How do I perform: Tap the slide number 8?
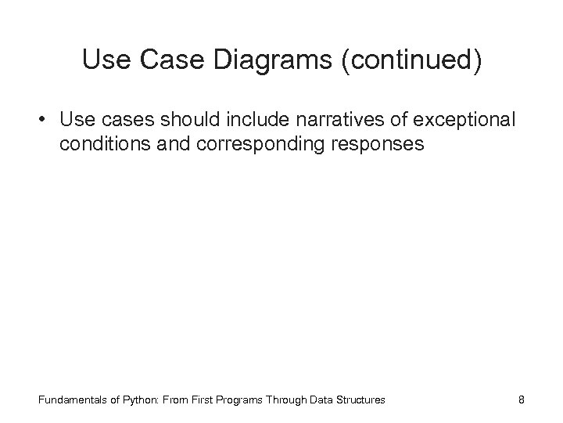(x=522, y=399)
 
